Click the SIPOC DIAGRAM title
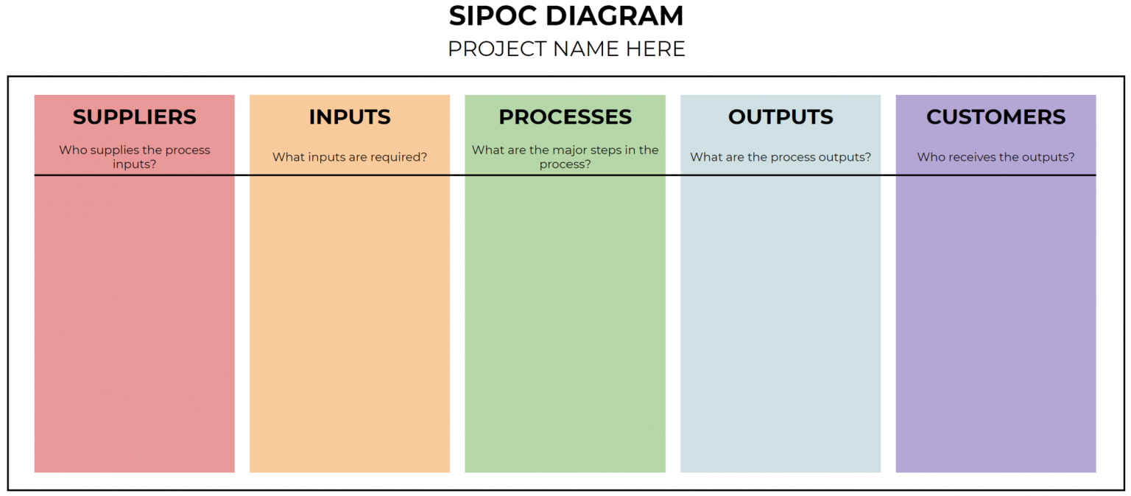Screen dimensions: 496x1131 pos(565,16)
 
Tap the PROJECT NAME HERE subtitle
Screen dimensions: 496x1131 pos(565,49)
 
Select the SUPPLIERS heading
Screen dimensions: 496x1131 pos(135,117)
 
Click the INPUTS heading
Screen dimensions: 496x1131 pos(350,117)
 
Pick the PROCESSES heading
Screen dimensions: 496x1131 pos(565,117)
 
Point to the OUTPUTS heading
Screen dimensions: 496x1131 pos(781,117)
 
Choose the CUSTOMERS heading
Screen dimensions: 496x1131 pos(996,117)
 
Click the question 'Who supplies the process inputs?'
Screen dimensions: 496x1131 pos(135,157)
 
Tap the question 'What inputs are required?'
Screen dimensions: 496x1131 pos(350,157)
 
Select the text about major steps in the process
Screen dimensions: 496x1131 pos(565,157)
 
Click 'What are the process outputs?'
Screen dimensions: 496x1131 pos(781,157)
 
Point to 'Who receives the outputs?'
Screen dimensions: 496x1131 pos(996,157)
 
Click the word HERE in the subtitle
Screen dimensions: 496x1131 pos(655,49)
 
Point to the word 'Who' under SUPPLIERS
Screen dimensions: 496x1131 pos(71,150)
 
